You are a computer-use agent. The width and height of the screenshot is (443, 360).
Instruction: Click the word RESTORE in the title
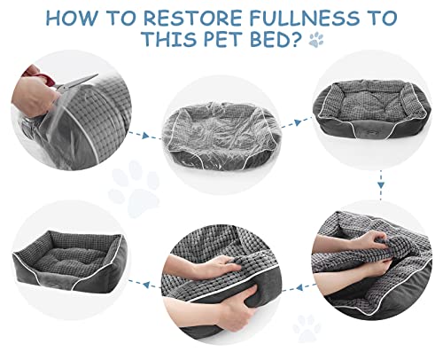coord(193,18)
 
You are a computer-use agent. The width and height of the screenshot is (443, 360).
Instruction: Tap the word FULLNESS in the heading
coord(305,18)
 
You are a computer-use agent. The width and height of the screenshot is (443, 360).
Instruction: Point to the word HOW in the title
coord(71,18)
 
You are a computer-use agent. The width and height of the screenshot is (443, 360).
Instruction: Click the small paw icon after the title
coord(316,40)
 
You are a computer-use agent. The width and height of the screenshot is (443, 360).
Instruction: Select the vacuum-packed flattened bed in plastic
coord(221,137)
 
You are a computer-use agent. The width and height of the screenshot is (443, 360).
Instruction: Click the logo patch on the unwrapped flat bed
coord(371,129)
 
